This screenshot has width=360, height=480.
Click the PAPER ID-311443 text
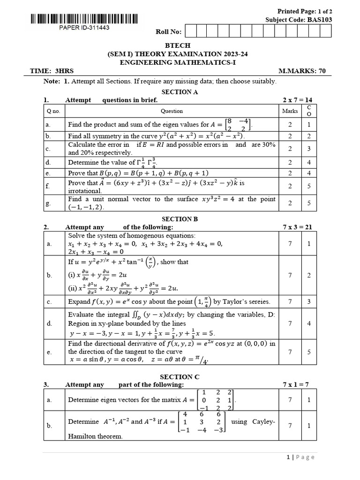pyautogui.click(x=84, y=28)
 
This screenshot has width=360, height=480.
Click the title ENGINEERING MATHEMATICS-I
pyautogui.click(x=180, y=62)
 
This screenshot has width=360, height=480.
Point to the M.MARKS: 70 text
pyautogui.click(x=302, y=71)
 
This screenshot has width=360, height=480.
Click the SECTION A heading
pyautogui.click(x=180, y=92)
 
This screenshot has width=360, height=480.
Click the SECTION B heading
pyautogui.click(x=180, y=219)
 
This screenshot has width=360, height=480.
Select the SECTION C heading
pyautogui.click(x=180, y=376)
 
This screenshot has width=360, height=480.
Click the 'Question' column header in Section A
pyautogui.click(x=172, y=111)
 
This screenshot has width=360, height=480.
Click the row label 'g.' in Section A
pyautogui.click(x=49, y=203)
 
